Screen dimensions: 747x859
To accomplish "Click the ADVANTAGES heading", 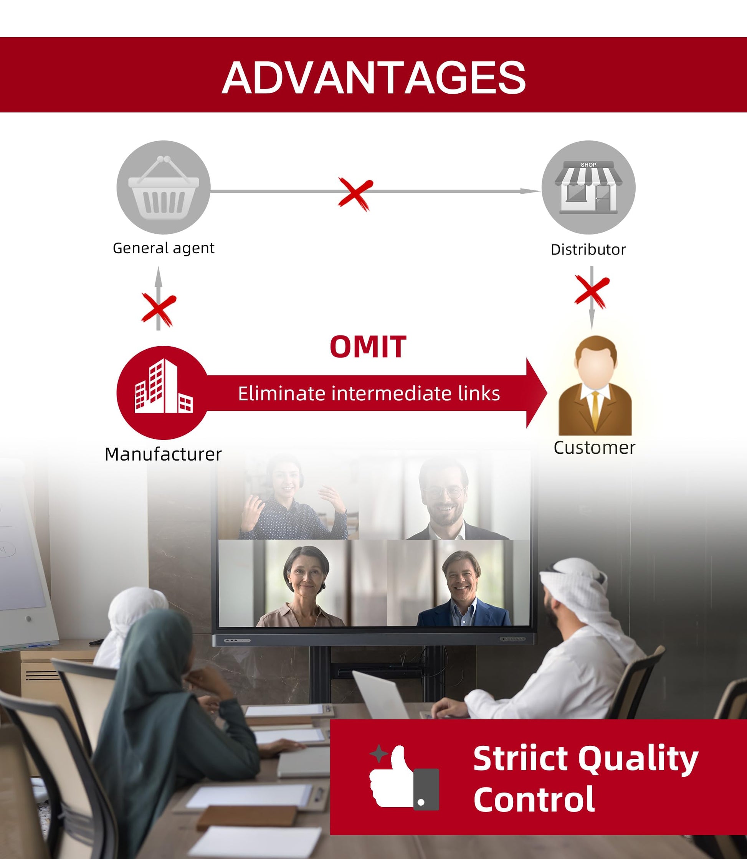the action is (x=373, y=78).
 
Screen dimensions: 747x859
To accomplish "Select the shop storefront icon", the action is (x=588, y=188).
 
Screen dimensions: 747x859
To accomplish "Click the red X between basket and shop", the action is (x=355, y=194).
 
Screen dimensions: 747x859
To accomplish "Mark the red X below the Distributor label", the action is (x=592, y=291).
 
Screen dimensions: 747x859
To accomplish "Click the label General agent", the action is (x=164, y=248).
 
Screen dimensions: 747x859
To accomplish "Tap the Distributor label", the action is (x=588, y=249).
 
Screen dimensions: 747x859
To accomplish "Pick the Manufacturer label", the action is (x=163, y=454).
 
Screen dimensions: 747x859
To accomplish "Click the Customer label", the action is (x=595, y=448).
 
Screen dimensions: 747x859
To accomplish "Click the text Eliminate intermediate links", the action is (x=369, y=393).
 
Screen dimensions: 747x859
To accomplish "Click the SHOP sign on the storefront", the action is (x=588, y=165).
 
